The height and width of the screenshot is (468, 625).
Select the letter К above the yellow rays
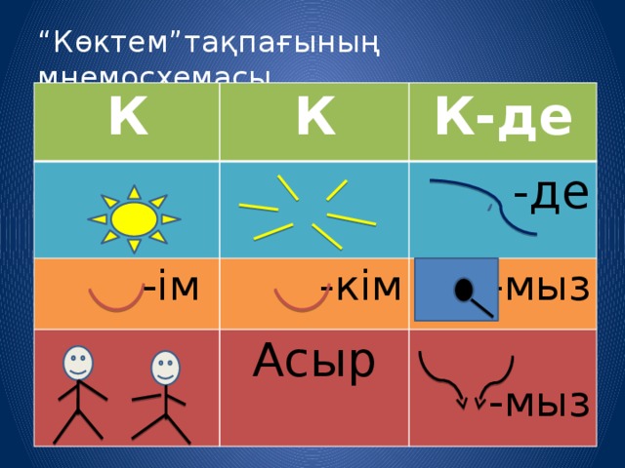click(x=315, y=119)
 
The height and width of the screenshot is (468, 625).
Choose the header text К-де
click(x=504, y=118)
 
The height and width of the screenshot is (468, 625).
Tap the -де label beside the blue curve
click(x=551, y=194)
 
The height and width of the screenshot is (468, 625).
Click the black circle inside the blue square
click(x=465, y=290)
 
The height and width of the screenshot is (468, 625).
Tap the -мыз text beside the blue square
click(x=542, y=287)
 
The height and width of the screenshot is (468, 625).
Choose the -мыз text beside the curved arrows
click(x=540, y=400)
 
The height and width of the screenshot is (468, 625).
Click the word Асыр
click(x=312, y=360)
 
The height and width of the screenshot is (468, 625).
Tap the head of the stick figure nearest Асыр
click(x=167, y=368)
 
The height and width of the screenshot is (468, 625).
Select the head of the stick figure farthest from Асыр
click(x=78, y=364)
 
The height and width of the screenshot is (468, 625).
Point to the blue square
click(x=448, y=290)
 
